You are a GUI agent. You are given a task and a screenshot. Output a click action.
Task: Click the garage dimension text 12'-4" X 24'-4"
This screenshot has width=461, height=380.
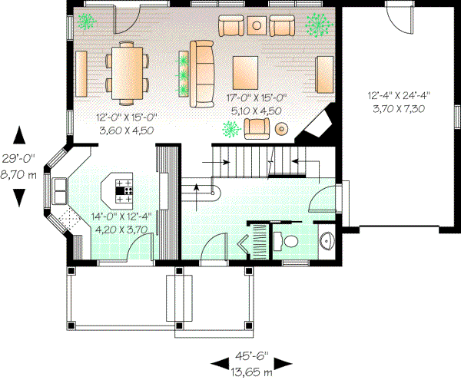pyautogui.click(x=398, y=96)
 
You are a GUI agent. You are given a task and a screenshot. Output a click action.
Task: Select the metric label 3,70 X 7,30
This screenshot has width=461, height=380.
pyautogui.click(x=398, y=108)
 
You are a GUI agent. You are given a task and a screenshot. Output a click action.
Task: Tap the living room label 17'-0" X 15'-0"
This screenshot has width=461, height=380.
pyautogui.click(x=256, y=97)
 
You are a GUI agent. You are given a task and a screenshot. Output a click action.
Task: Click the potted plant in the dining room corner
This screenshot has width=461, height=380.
pyautogui.click(x=87, y=20)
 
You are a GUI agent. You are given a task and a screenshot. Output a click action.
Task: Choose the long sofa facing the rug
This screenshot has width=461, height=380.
pyautogui.click(x=202, y=74)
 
